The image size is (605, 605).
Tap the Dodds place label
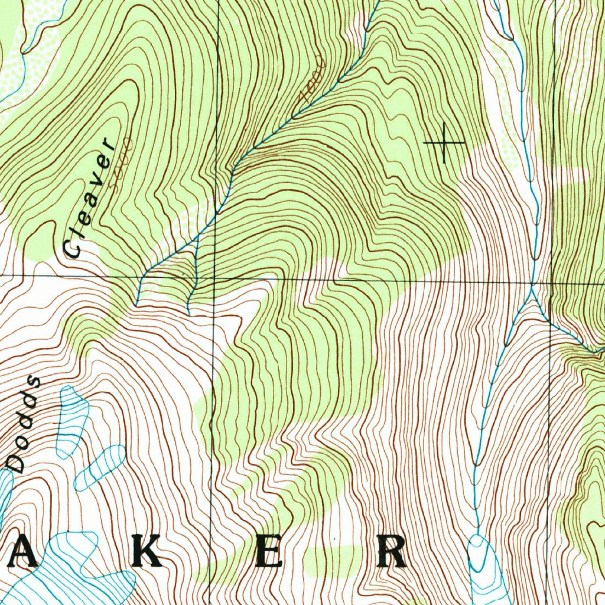pyautogui.click(x=24, y=425)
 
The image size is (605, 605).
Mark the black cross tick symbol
pyautogui.click(x=444, y=143)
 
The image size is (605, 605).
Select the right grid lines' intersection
pyautogui.click(x=551, y=283)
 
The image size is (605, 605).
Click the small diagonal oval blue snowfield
pyautogui.click(x=100, y=467)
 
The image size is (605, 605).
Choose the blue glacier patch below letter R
pyautogui.click(x=484, y=567)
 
